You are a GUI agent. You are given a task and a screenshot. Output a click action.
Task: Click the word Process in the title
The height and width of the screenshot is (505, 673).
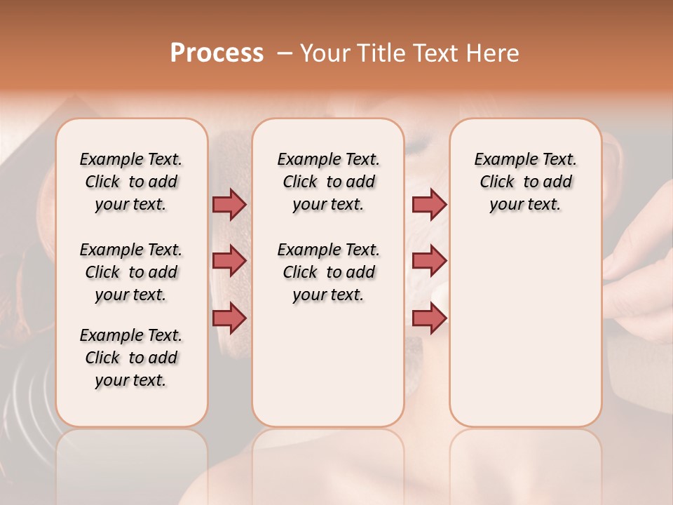point(217,53)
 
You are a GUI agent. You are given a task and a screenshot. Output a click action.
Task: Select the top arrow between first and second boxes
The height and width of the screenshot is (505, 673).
point(229,204)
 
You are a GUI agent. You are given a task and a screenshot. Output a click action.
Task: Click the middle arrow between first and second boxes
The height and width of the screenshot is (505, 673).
point(229,261)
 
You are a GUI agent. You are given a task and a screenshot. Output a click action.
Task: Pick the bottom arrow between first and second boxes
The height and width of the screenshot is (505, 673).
point(229,318)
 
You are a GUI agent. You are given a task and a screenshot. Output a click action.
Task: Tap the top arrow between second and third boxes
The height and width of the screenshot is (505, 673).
point(429,204)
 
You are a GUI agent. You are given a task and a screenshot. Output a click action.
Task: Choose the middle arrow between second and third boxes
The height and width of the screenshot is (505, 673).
point(429,261)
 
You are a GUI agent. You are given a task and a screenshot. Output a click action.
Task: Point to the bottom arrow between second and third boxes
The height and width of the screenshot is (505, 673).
point(429,318)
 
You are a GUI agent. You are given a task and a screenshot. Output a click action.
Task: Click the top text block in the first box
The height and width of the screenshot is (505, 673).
point(131,182)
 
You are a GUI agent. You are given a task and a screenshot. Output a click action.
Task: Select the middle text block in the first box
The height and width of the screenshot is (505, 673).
point(131,272)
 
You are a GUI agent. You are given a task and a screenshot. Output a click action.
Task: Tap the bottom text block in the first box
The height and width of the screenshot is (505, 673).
point(131,358)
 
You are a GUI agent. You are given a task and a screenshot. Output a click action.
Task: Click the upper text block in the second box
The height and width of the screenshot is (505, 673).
point(329,182)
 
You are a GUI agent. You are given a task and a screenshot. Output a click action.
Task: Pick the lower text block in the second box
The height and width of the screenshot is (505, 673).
point(329,272)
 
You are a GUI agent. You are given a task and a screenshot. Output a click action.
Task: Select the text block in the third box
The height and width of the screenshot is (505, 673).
point(526,182)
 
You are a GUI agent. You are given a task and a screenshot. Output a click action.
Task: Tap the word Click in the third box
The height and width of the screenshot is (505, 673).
point(497,182)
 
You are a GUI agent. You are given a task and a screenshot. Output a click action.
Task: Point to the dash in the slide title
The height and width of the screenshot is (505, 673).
point(285,53)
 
